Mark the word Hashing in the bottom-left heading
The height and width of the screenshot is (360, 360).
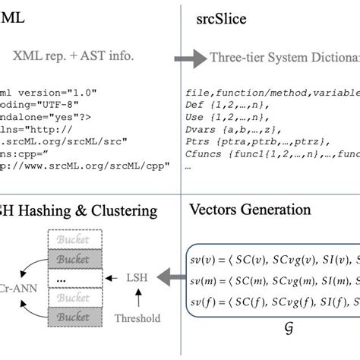[55, 210]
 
